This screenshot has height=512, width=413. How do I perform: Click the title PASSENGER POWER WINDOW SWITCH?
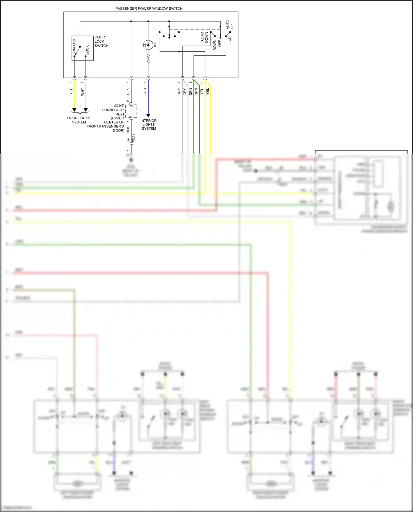[149, 9]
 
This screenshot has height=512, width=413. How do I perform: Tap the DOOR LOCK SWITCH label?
[101, 41]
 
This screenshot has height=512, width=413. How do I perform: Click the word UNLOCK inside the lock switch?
[74, 45]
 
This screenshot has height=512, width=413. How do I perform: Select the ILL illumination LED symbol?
[148, 45]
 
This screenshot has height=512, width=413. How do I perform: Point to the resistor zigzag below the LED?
[148, 58]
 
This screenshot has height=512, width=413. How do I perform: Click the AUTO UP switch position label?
[229, 24]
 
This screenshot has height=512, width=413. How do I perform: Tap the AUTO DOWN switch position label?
[204, 37]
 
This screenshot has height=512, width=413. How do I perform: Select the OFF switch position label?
[220, 43]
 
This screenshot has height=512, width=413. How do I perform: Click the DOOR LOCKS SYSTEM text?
[79, 120]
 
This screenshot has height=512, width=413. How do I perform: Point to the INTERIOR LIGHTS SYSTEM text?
[149, 125]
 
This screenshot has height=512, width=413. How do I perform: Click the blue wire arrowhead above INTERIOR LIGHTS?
[148, 116]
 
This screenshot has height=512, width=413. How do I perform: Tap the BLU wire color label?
[145, 91]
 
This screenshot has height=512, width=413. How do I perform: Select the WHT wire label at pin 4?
[82, 92]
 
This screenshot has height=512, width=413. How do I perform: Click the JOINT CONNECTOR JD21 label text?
[113, 110]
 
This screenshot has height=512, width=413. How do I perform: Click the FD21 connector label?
[134, 138]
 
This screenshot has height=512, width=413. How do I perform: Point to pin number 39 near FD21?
[128, 140]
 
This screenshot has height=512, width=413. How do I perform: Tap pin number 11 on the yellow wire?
[202, 83]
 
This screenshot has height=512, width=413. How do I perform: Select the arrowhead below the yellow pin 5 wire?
[74, 110]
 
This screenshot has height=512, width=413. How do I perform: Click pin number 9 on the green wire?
[190, 83]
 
